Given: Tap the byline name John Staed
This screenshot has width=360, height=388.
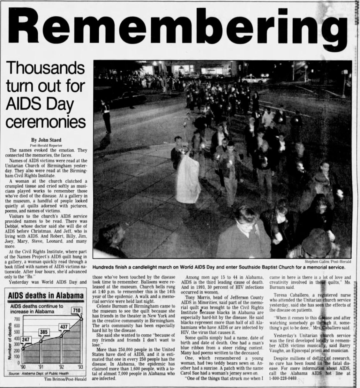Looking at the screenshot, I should (46, 140).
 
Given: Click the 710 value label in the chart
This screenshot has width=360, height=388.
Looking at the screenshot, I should (77, 310).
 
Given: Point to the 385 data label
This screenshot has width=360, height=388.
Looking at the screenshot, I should (44, 332).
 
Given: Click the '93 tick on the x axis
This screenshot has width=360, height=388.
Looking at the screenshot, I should (81, 367).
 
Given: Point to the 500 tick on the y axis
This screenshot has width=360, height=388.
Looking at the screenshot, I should (17, 332).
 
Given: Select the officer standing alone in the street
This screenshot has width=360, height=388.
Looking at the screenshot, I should (106, 116).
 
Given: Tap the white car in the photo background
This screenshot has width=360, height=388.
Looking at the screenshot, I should (254, 79).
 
